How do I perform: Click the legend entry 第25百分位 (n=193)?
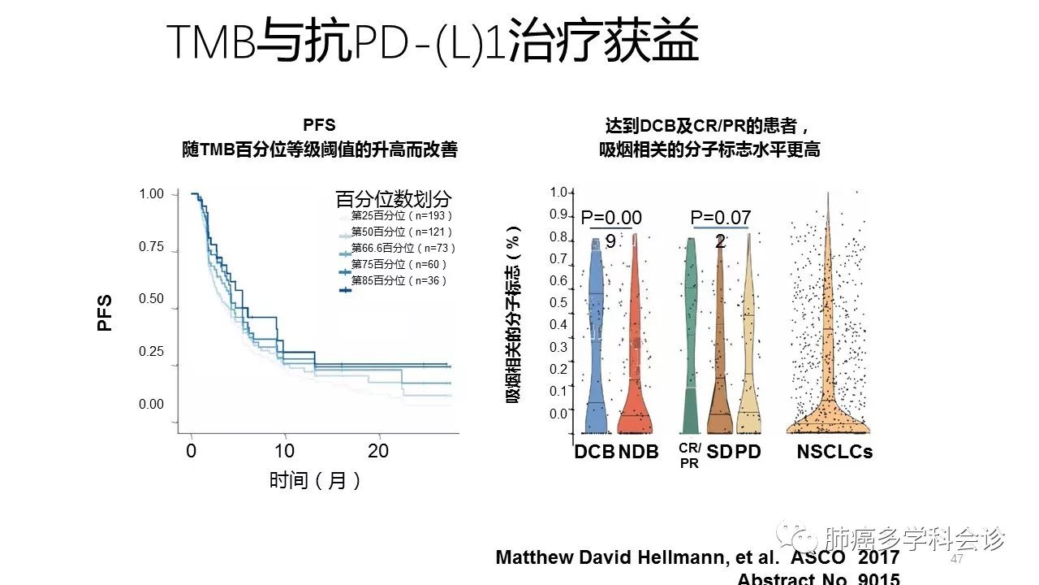401,216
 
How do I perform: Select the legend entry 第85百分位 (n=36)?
399,281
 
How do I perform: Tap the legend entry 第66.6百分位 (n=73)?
403,248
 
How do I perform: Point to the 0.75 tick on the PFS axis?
152,247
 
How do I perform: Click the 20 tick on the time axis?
378,451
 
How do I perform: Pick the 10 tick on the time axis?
284,451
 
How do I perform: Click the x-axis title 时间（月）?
315,480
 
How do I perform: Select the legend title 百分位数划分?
394,199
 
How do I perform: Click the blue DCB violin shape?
595,341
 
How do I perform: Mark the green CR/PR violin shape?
691,341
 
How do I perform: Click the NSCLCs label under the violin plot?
834,452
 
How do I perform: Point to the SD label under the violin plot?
719,452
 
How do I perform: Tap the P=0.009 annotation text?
611,228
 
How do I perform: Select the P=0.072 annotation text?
721,228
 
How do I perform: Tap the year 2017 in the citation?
878,557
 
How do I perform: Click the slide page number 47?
956,560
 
